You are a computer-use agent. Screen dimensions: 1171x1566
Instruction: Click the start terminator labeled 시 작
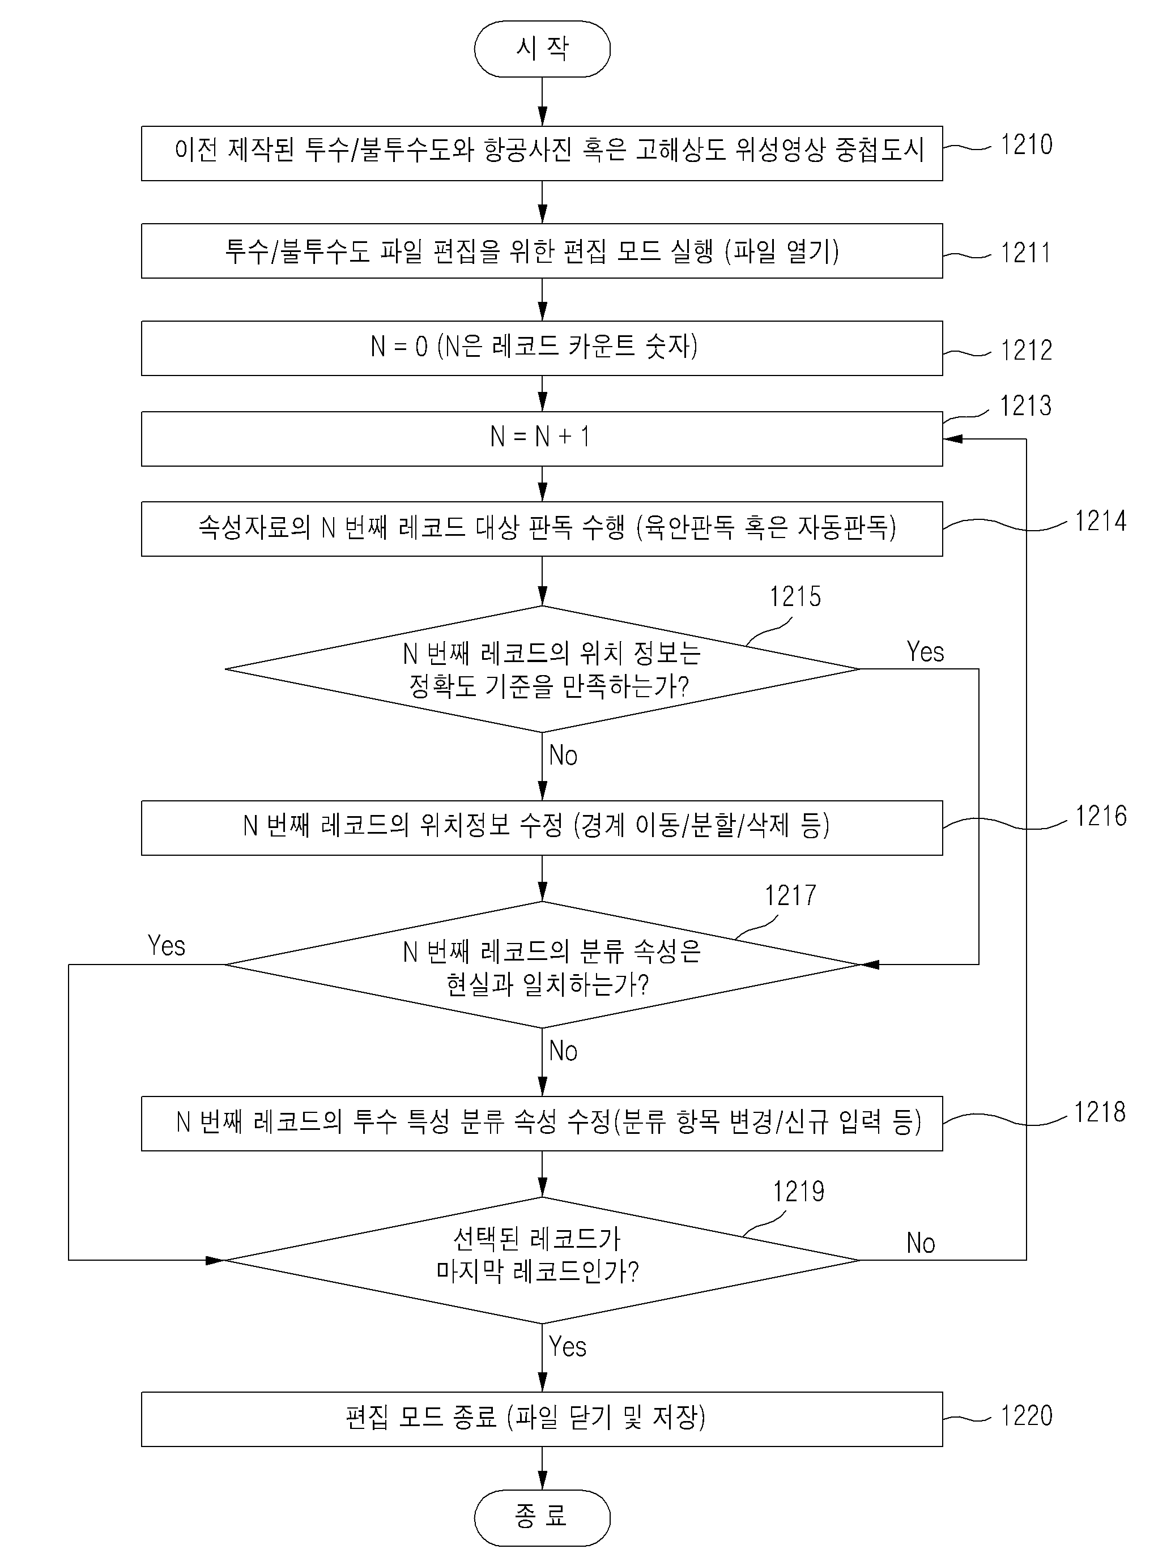coord(542,49)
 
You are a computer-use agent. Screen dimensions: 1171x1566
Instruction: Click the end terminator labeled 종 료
coord(542,1518)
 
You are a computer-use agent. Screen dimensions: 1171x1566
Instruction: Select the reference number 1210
coord(1026,144)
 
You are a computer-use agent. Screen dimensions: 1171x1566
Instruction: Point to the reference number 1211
coord(1025,253)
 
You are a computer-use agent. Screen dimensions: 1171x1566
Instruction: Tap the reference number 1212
coord(1026,350)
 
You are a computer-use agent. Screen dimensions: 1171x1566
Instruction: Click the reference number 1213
coord(1025,406)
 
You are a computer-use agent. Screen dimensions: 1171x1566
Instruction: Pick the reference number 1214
coord(1100,521)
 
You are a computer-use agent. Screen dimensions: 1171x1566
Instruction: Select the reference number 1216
coord(1101,816)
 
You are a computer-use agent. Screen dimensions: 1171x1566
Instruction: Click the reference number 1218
coord(1100,1112)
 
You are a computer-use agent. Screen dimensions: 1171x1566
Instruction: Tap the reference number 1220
coord(1026,1415)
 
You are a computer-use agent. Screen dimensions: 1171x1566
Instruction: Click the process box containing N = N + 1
coord(542,439)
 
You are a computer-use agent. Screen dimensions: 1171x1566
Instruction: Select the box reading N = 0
coord(542,348)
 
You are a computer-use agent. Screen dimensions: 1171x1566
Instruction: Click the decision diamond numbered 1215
coord(542,669)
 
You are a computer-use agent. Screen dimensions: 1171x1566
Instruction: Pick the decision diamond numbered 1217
coord(542,964)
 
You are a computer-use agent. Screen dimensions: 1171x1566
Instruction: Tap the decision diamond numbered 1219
coord(542,1260)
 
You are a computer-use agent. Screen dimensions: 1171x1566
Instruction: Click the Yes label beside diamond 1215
coord(925,651)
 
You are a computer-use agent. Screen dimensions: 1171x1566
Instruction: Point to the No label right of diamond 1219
coord(921,1243)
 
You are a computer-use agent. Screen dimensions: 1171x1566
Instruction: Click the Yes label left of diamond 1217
coord(167,946)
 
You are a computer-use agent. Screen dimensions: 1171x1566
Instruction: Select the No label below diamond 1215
coord(564,756)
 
